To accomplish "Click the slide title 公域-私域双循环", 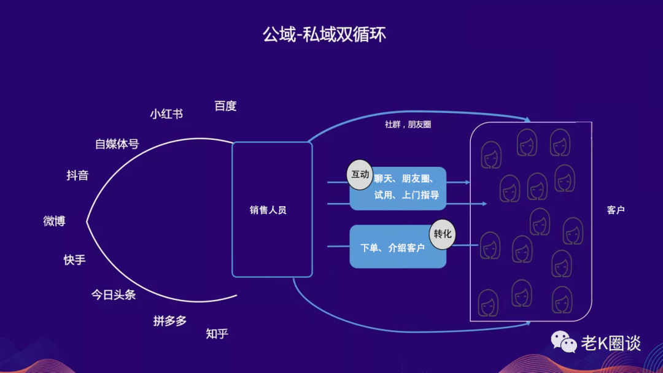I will (324, 34).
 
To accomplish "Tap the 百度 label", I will (225, 106).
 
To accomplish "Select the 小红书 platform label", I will (166, 114).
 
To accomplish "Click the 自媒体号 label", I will (117, 145).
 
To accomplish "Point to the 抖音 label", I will (77, 175).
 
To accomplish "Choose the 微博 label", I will (54, 221).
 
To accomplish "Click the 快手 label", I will (74, 260).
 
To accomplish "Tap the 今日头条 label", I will (114, 295).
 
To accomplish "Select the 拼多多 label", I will (170, 321).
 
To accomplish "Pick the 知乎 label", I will (217, 334).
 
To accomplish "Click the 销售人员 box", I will (271, 210).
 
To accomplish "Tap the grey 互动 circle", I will (360, 174).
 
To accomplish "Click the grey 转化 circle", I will (443, 234).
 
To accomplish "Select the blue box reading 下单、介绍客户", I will (393, 248).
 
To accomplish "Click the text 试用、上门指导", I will (406, 196).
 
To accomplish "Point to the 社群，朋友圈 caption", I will (408, 125).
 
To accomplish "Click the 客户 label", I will (615, 210).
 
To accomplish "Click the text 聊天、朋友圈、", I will (405, 179).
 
